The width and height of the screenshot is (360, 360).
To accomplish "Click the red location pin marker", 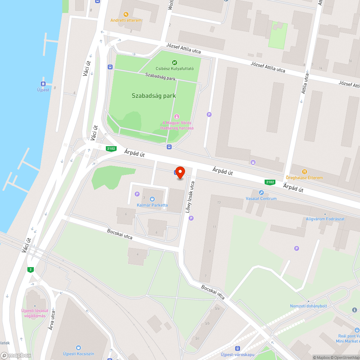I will click(180, 172).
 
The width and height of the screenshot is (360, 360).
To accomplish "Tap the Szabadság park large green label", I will click(154, 96).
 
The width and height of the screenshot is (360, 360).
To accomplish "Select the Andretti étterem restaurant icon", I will click(126, 14).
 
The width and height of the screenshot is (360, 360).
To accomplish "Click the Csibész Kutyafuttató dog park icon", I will click(175, 63).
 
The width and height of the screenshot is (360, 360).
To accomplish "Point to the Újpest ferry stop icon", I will click(43, 84).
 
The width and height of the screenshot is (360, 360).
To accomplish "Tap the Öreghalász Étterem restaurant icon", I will click(304, 172).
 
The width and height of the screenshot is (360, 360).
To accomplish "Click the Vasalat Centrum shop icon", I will click(261, 193).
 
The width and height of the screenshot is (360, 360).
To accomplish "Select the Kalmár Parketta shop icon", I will click(152, 199).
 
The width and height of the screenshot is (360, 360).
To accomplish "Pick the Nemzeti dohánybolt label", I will click(309, 306).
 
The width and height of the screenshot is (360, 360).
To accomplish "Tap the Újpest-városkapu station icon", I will click(237, 348).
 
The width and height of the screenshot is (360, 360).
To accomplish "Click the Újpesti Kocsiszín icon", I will click(78, 347).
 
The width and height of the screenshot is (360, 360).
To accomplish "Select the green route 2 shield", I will click(31, 270).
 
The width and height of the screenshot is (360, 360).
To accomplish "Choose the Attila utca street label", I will click(305, 84).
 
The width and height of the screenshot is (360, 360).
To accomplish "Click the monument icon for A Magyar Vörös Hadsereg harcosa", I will click(176, 117).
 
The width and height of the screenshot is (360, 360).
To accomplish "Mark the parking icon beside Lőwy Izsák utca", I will click(191, 218).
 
